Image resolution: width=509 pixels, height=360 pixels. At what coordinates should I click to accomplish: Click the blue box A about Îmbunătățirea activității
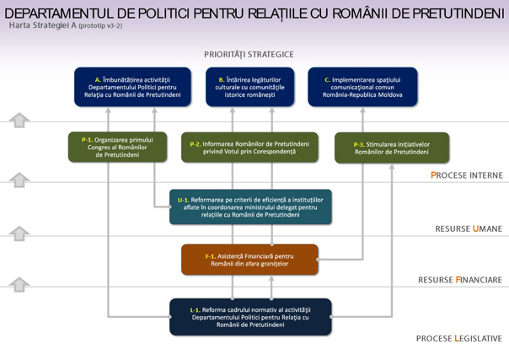click(132, 87)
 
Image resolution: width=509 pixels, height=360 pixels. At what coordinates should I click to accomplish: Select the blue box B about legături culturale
click(250, 87)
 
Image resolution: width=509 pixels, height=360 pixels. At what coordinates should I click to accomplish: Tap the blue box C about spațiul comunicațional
click(362, 87)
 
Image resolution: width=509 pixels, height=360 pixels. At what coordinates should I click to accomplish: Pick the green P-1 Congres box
click(117, 147)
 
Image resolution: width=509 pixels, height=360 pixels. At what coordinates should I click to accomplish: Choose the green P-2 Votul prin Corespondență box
click(249, 148)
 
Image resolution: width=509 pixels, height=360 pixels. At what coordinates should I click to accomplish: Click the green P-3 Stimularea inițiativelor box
click(392, 148)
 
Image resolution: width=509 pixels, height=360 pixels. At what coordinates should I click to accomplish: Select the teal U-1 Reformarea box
click(250, 207)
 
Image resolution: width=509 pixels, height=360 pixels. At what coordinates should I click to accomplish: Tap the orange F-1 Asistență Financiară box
click(249, 260)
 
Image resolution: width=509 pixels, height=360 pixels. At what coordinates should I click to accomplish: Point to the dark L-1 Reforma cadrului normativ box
click(250, 317)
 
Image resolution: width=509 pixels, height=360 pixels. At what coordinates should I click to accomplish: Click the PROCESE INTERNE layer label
click(467, 175)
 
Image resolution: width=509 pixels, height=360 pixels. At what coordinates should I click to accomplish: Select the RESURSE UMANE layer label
click(469, 228)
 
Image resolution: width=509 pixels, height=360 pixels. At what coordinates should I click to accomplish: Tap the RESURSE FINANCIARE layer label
click(460, 280)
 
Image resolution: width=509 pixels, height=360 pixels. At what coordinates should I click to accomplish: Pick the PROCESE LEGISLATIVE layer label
click(459, 339)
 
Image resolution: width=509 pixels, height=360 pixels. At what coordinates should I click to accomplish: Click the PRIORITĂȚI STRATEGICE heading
click(249, 55)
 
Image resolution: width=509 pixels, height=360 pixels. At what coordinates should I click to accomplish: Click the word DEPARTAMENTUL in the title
click(59, 13)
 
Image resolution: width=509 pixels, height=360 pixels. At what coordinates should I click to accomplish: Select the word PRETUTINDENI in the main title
click(458, 13)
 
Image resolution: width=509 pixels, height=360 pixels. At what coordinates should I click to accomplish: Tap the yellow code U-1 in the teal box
click(183, 200)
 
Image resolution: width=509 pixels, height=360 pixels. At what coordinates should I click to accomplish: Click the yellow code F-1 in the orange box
click(211, 256)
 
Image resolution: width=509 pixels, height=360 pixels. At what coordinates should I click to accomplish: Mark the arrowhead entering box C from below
click(362, 110)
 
